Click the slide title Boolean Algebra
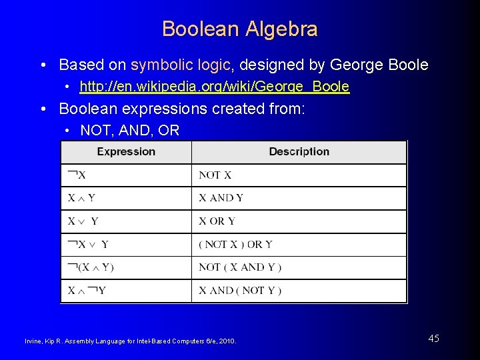239,29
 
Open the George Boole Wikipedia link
214,87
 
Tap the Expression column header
126,152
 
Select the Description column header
299,152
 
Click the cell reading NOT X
215,175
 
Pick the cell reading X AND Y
221,198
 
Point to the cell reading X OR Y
217,221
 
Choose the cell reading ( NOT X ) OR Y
235,245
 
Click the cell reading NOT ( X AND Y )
240,267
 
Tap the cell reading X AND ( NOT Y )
240,291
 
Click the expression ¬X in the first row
77,175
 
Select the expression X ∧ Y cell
81,198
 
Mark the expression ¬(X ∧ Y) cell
91,267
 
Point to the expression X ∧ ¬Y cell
87,291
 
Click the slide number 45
433,339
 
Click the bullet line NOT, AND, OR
129,131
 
